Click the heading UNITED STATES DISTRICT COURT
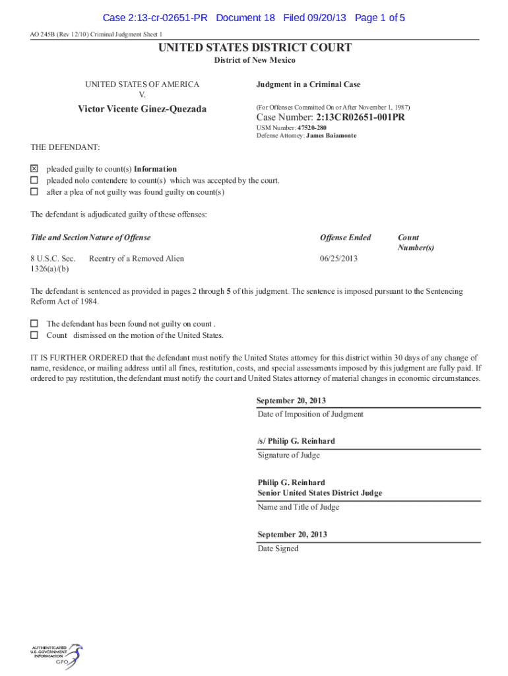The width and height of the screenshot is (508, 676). click(254, 48)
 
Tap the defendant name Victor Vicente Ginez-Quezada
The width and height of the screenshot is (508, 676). click(142, 108)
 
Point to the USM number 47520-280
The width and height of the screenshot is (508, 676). click(312, 127)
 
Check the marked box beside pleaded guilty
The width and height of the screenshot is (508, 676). click(34, 169)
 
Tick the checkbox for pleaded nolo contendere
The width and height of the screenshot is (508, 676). click(34, 180)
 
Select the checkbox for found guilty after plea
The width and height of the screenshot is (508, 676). click(34, 192)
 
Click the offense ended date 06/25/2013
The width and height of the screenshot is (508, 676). click(338, 258)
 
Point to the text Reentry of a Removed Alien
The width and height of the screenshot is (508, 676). click(137, 258)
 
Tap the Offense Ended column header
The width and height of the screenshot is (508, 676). click(345, 238)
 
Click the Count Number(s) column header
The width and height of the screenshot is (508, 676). click(416, 242)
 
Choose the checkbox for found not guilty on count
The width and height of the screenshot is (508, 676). click(34, 323)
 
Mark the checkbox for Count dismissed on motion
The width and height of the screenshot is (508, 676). click(34, 335)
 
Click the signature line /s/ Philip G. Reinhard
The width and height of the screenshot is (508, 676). click(296, 441)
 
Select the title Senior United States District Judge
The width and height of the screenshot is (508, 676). click(319, 493)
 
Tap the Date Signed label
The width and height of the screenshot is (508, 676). click(278, 549)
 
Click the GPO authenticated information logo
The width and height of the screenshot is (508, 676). click(56, 656)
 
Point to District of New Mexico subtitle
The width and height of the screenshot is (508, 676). click(254, 60)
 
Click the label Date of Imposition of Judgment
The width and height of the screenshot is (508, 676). click(310, 415)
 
